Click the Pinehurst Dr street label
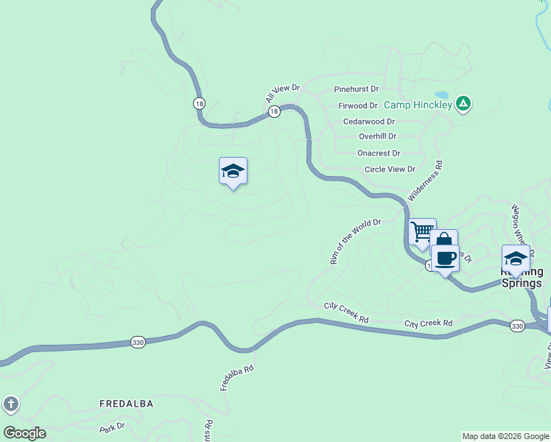pyautogui.click(x=356, y=88)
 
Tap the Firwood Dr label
pyautogui.click(x=358, y=106)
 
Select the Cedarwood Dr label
pyautogui.click(x=369, y=122)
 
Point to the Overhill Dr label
pyautogui.click(x=377, y=136)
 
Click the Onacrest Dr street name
pyautogui.click(x=379, y=153)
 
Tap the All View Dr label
pyautogui.click(x=284, y=93)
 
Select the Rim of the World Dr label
pyautogui.click(x=355, y=241)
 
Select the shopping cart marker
pyautogui.click(x=422, y=232)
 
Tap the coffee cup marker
pyautogui.click(x=445, y=259)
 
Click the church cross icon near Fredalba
pyautogui.click(x=10, y=404)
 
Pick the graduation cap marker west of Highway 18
pyautogui.click(x=233, y=171)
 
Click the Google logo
pyautogui.click(x=24, y=433)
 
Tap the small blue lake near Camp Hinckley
pyautogui.click(x=441, y=95)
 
